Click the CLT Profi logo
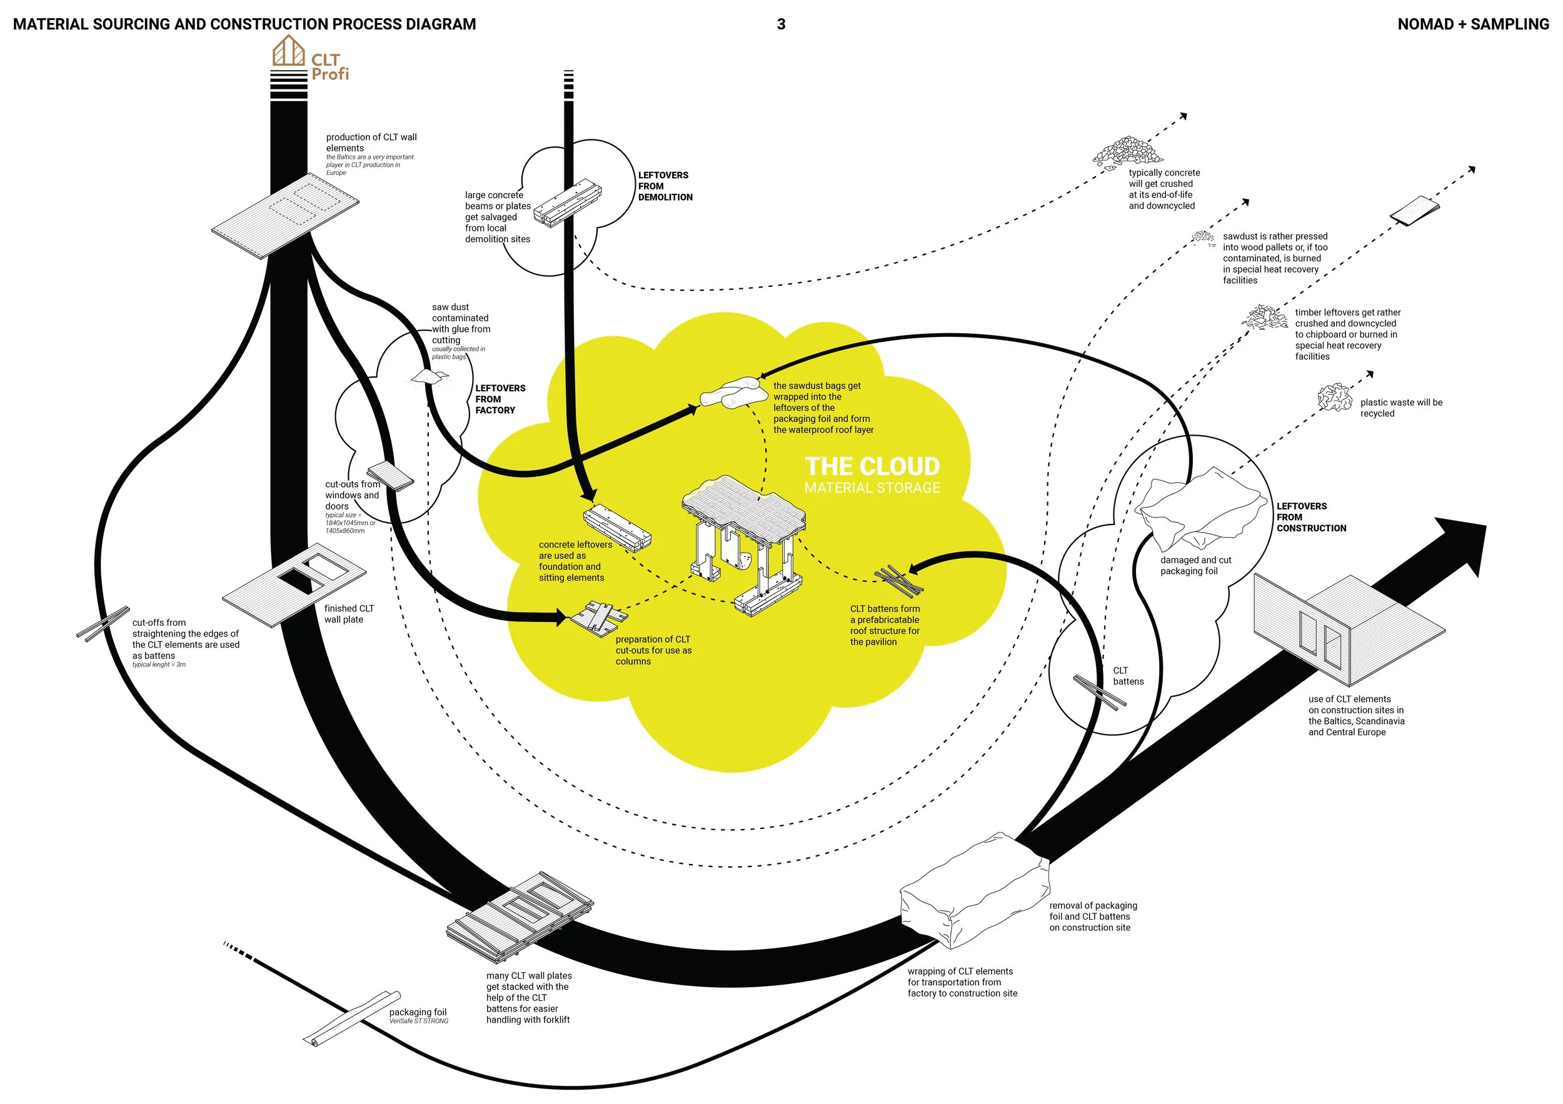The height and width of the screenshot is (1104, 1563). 311,60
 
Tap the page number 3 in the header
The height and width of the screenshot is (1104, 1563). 781,24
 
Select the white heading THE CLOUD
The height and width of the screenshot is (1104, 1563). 872,466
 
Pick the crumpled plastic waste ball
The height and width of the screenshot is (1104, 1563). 1334,397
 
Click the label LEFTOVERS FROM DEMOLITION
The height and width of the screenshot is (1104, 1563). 665,186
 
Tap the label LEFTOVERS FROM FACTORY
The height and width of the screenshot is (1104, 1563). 500,399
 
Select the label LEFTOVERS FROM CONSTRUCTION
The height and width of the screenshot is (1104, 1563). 1310,516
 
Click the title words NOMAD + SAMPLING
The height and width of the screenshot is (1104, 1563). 1472,24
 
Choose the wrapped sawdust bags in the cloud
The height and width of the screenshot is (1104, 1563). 730,393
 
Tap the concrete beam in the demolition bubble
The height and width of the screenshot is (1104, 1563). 567,202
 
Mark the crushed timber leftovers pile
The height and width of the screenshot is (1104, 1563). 1265,317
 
